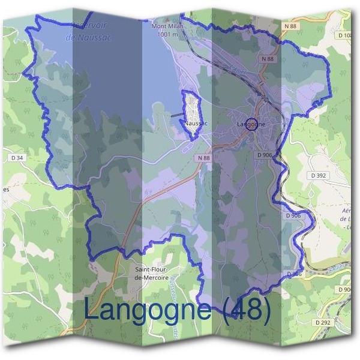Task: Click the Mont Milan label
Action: click(x=167, y=26)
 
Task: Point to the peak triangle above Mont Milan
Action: click(x=167, y=20)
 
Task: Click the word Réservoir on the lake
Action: click(x=89, y=25)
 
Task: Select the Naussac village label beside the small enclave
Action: click(x=196, y=123)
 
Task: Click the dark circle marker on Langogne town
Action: click(x=252, y=125)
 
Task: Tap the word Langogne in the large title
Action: click(x=147, y=310)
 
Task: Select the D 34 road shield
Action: click(x=17, y=158)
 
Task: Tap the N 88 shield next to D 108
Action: click(x=290, y=26)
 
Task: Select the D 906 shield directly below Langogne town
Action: click(x=265, y=155)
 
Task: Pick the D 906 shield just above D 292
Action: click(x=344, y=290)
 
